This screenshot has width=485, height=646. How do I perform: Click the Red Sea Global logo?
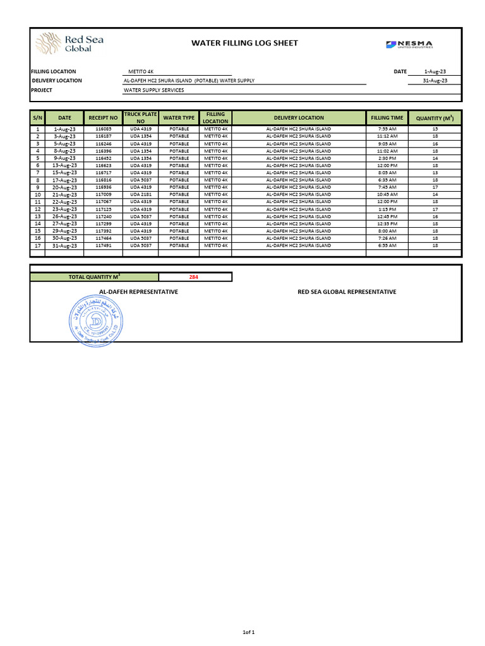point(69,44)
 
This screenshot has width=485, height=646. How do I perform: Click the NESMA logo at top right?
point(410,44)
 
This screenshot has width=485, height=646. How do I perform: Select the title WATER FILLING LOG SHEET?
point(244,43)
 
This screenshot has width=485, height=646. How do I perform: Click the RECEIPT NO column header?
point(103,118)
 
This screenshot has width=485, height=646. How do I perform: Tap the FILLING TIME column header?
point(387,118)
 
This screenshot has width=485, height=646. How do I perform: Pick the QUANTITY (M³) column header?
point(435,118)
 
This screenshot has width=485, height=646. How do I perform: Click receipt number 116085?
point(103,129)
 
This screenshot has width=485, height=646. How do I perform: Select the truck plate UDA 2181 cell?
point(141,194)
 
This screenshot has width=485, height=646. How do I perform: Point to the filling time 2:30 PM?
point(387,158)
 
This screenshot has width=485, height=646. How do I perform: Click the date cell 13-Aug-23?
point(64,165)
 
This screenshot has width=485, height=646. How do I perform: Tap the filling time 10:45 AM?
point(387,194)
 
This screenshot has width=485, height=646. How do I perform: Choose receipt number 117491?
point(103,245)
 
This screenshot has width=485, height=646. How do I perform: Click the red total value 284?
point(195,277)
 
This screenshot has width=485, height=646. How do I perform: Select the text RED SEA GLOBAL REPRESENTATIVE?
point(347,292)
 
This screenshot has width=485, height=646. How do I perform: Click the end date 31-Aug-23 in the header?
point(435,81)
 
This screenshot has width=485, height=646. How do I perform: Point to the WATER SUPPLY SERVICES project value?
point(155,90)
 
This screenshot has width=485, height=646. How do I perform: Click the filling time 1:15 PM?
point(387,209)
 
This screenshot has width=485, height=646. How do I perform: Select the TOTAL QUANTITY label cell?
point(94,277)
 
